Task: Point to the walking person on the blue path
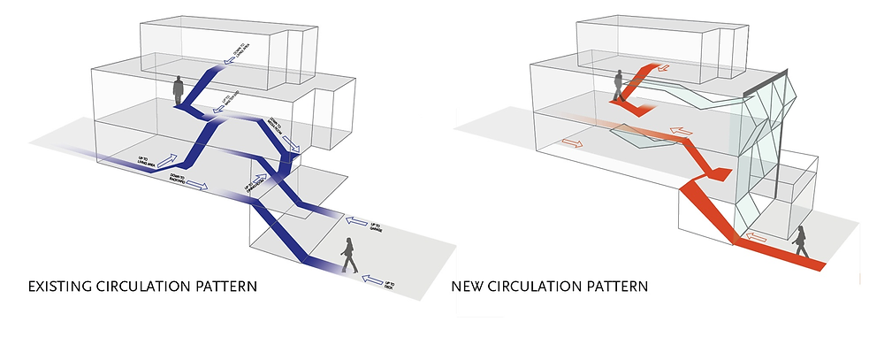[x=349, y=256]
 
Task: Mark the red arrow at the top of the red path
[x=664, y=68]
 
